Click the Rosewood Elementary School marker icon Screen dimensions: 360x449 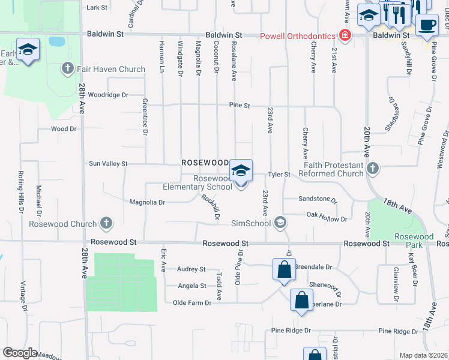point(241,171)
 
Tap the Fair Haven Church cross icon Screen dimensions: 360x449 point(68,69)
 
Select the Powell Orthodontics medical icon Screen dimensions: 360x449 point(345,35)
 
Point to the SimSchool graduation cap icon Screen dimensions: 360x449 point(280,223)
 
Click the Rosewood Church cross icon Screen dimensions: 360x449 point(106,224)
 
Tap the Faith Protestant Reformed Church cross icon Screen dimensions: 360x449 point(373,169)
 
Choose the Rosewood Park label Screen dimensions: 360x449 point(414,236)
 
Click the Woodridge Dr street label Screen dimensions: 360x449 point(108,95)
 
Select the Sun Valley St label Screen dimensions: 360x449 point(108,163)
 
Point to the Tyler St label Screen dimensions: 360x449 point(279,175)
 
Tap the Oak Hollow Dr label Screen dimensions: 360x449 point(327,220)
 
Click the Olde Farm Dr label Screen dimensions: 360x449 point(192,303)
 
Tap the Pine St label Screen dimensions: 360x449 point(239,106)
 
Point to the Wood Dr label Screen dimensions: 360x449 point(64,128)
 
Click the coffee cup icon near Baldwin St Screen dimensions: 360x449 point(427,25)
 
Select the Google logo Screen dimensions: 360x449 point(20,353)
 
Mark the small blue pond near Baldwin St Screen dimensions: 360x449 point(56,41)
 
